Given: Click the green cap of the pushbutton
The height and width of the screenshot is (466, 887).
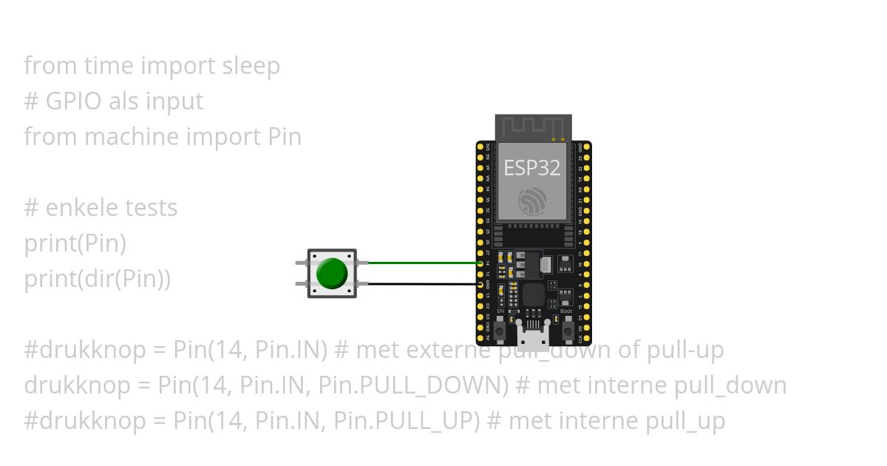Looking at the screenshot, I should tap(332, 274).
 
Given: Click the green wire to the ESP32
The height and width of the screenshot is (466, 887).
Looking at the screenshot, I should tap(421, 263).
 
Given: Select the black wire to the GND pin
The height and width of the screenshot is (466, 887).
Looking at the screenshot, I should tap(421, 284).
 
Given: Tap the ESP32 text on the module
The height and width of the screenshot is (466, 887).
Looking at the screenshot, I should tap(532, 168).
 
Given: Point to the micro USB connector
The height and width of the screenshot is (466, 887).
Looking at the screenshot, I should tap(532, 340).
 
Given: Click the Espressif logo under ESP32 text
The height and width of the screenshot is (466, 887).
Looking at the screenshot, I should tap(532, 201).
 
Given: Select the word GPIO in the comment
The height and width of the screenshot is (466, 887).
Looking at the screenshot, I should tap(73, 101).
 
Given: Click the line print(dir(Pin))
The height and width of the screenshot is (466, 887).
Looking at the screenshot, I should tap(98, 279).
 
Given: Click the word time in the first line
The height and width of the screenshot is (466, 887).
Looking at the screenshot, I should tap(109, 66).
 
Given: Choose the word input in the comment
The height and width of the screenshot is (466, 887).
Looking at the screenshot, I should tap(174, 101).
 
